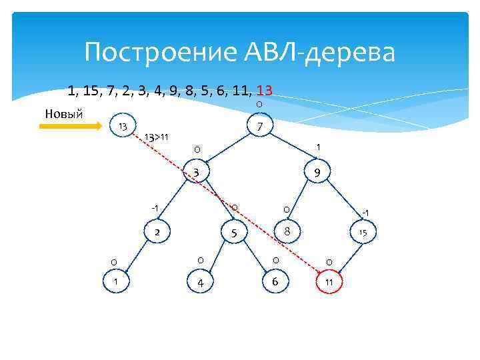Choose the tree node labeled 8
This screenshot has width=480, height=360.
tap(286, 231)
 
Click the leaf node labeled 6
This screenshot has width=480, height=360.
tap(275, 281)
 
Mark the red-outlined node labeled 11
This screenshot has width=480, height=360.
tap(329, 282)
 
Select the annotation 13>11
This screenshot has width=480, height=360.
tap(157, 137)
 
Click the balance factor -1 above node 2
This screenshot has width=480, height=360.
tap(154, 209)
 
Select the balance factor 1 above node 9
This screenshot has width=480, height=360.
tap(319, 147)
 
